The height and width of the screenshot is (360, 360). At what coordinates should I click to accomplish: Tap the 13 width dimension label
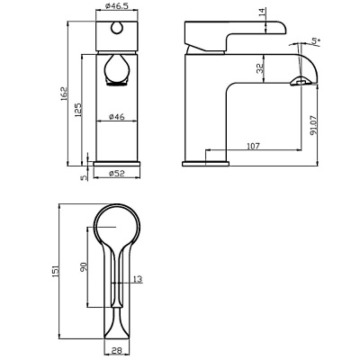[138, 279]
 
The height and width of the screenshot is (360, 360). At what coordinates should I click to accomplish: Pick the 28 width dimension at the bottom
[116, 352]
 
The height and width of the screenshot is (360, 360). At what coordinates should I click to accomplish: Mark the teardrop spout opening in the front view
[115, 72]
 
